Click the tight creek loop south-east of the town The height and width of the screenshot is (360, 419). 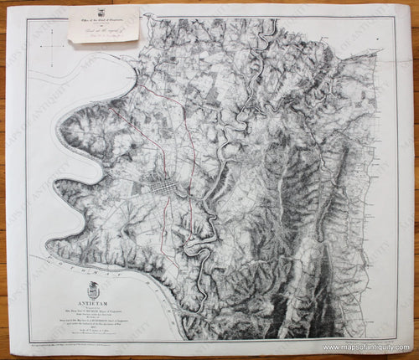(x=198, y=244)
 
